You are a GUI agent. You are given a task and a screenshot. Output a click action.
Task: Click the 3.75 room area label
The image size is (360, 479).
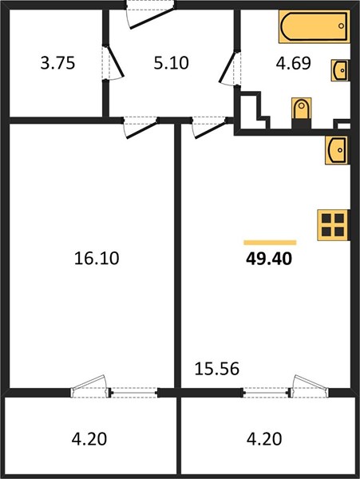pos(57,63)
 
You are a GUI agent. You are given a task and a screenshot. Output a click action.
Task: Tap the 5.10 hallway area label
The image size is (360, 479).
pos(172,63)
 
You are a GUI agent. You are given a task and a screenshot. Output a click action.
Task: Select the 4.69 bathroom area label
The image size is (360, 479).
pos(294,63)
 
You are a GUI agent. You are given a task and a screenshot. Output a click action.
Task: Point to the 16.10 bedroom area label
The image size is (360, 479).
pos(97,258)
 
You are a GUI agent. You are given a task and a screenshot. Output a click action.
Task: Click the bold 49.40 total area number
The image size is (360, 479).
pos(269,259)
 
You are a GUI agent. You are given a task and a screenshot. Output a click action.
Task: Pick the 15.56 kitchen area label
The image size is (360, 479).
pos(217,369)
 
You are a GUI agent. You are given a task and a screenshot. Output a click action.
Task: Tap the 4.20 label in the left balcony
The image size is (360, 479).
pos(89,439)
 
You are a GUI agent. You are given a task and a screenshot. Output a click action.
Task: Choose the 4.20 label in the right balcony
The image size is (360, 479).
pos(264,439)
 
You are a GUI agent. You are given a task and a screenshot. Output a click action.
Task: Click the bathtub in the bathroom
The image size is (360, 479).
pos(314,26)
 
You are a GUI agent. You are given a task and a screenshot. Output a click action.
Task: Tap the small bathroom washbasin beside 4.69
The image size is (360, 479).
pos(340,70)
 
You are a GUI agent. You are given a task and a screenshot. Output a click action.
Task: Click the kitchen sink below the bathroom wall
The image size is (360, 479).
pos(337,150)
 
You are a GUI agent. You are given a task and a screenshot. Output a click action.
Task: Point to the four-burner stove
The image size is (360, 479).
pos(333,225)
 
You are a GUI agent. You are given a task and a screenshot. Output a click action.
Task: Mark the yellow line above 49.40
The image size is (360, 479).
pos(270,243)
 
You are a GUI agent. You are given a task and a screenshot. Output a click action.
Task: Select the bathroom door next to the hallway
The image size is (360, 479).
pos(230,67)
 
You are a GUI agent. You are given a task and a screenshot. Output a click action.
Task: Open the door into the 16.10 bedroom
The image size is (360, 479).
pos(141,128)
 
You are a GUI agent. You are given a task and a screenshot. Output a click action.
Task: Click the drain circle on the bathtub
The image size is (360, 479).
pos(341,26)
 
